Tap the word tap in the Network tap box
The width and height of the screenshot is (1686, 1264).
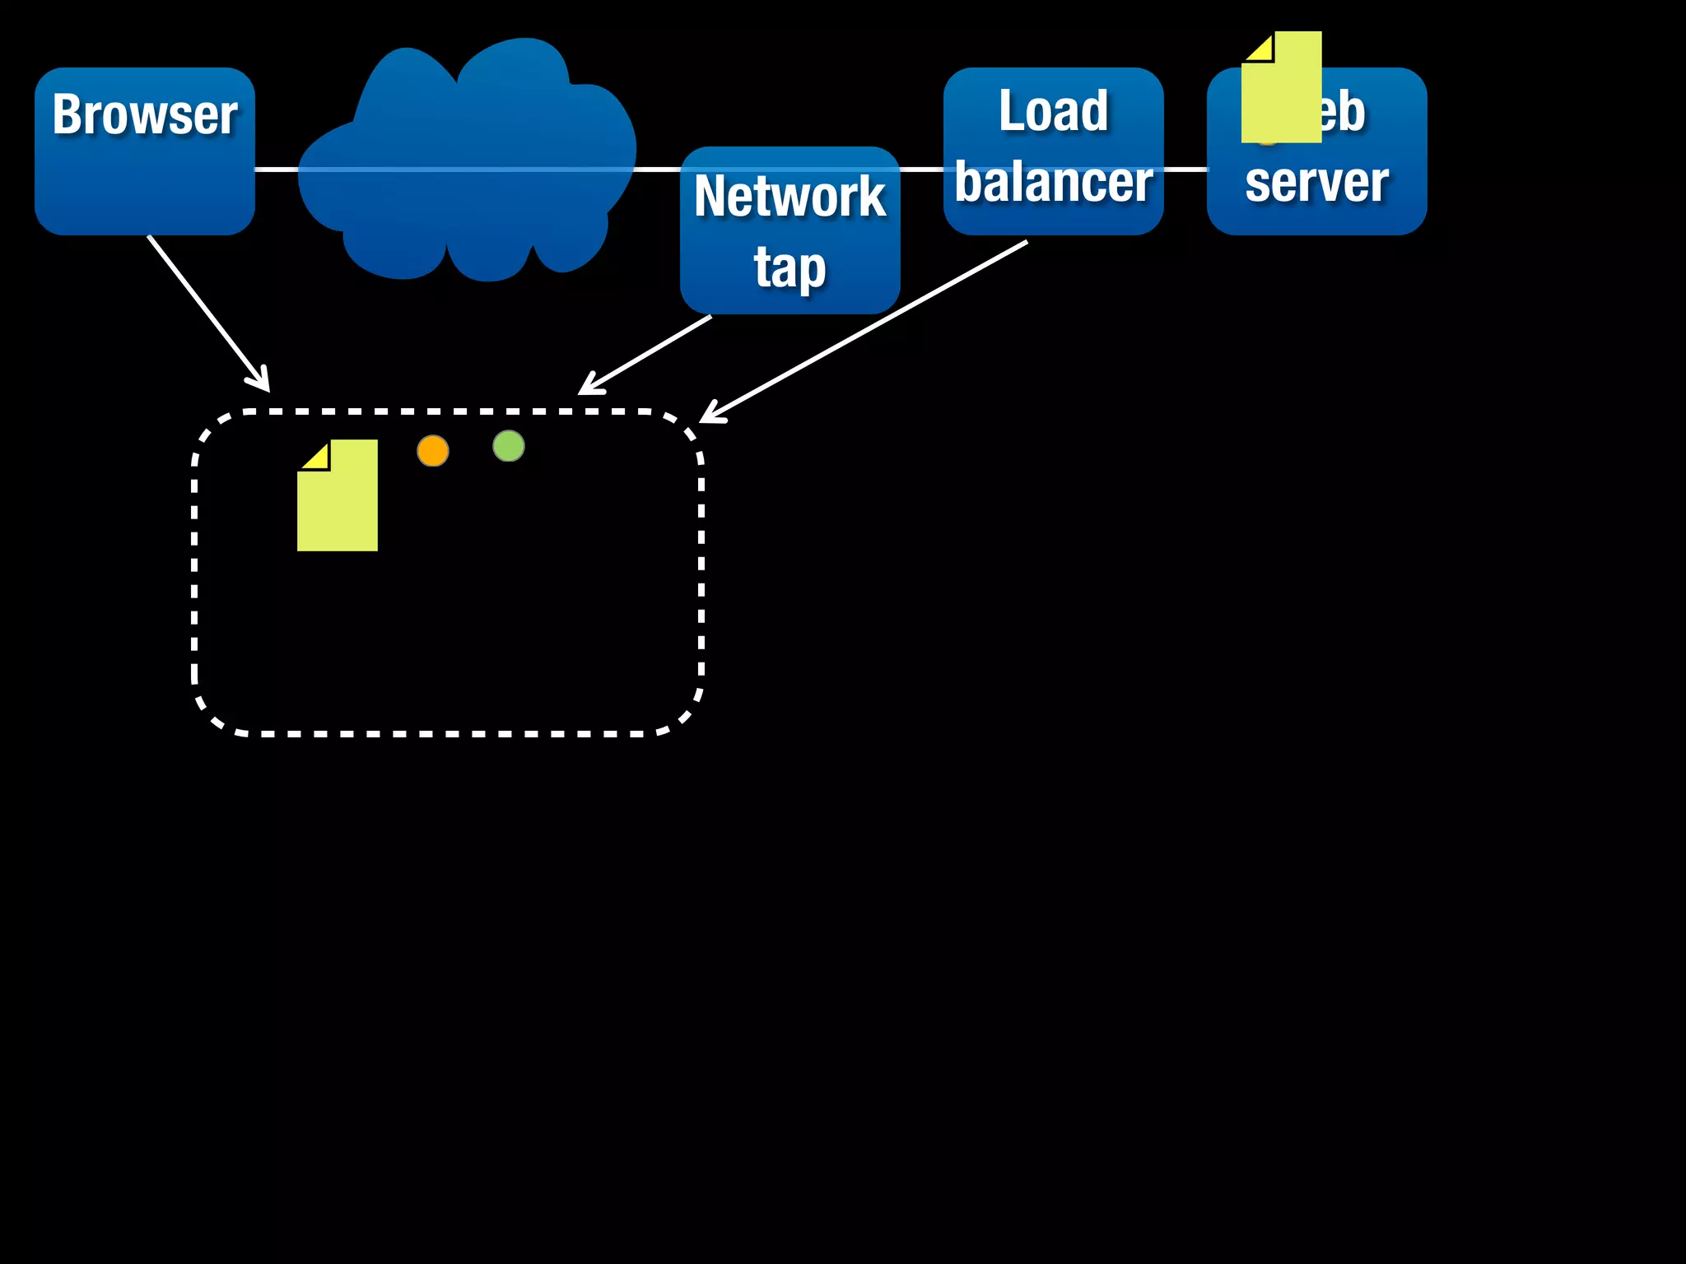(x=789, y=267)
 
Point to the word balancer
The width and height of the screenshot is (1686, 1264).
(x=1053, y=182)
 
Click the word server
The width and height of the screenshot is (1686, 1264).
(x=1316, y=182)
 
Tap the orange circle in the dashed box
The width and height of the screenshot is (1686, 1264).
(x=433, y=451)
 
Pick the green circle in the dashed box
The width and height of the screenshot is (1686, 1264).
(x=509, y=446)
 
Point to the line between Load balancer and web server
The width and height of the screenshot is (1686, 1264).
(x=1185, y=170)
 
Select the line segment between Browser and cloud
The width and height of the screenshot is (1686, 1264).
(x=276, y=170)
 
